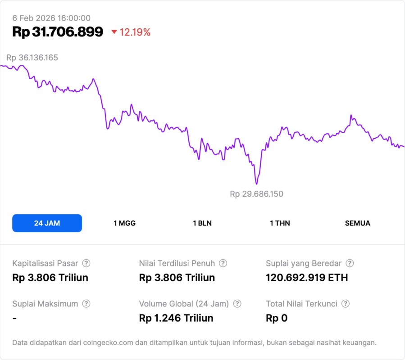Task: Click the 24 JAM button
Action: (x=47, y=223)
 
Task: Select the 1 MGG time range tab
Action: (x=124, y=223)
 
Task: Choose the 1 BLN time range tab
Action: (x=202, y=223)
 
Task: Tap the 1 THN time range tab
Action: (x=280, y=223)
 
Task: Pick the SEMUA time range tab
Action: (x=358, y=223)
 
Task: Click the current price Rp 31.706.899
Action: (x=58, y=32)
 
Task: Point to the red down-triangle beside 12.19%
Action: (x=114, y=32)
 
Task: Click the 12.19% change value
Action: (x=135, y=32)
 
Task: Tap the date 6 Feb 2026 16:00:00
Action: (x=51, y=18)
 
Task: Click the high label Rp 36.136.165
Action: (x=32, y=58)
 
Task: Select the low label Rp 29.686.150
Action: (x=256, y=194)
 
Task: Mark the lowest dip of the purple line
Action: (x=256, y=184)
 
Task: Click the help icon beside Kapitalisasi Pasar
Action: (x=86, y=263)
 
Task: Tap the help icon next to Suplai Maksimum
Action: (x=86, y=304)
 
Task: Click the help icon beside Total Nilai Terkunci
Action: (x=346, y=304)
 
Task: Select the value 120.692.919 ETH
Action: (x=307, y=278)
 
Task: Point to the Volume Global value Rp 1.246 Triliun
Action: (x=176, y=318)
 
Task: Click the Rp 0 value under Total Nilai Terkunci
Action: (x=277, y=318)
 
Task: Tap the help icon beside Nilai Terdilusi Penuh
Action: (x=223, y=263)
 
